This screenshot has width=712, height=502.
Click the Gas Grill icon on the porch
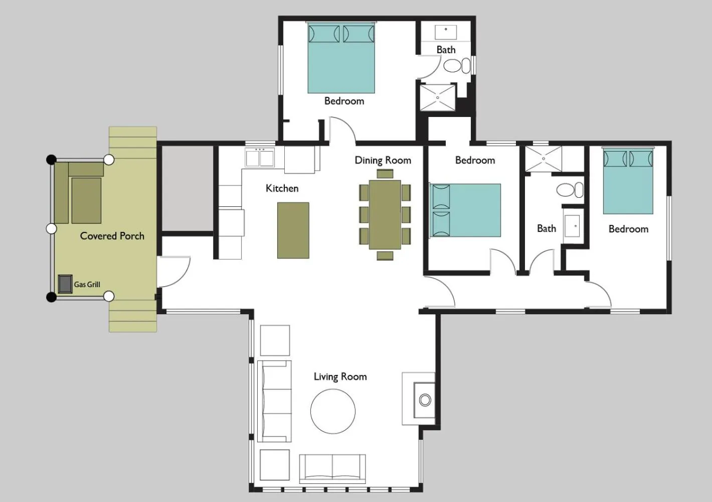(x=65, y=284)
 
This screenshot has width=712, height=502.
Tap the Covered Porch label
(x=112, y=236)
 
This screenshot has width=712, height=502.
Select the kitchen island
(x=293, y=230)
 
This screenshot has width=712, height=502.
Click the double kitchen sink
(x=259, y=158)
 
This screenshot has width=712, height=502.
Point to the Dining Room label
(x=383, y=160)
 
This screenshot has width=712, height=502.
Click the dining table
(x=385, y=215)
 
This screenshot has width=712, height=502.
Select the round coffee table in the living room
(x=333, y=411)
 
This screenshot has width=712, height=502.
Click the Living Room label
(x=340, y=376)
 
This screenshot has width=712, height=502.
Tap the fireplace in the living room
(x=424, y=400)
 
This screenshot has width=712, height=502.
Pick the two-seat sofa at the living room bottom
(x=332, y=468)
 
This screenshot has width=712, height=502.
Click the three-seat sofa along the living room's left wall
(x=274, y=401)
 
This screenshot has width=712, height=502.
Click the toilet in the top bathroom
(x=454, y=66)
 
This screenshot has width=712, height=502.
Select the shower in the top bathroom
(x=437, y=97)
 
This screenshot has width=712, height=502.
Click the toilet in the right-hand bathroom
(x=569, y=190)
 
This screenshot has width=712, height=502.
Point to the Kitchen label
(x=282, y=188)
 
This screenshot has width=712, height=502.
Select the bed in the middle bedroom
(x=466, y=210)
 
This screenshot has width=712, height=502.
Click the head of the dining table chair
(x=385, y=174)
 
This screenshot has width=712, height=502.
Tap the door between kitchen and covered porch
(x=173, y=271)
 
